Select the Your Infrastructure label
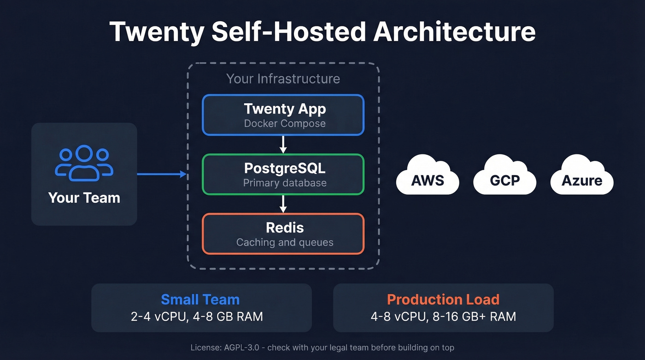click(x=283, y=79)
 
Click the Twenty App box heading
click(x=285, y=109)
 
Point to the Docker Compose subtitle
click(x=285, y=124)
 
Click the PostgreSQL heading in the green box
click(x=284, y=168)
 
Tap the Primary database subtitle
click(x=285, y=183)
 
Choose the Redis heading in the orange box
click(x=285, y=227)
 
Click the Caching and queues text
click(x=285, y=242)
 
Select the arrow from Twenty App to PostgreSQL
click(x=283, y=144)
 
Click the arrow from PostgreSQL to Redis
click(x=283, y=204)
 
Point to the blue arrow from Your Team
click(x=161, y=174)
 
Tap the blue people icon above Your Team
click(x=84, y=164)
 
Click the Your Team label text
click(x=84, y=198)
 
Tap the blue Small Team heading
click(x=200, y=300)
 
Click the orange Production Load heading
click(x=443, y=300)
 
